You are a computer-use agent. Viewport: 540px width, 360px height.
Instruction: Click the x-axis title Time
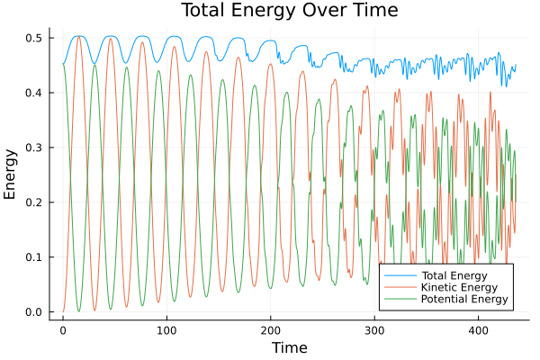289,347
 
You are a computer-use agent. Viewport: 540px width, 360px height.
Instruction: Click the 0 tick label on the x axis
63,329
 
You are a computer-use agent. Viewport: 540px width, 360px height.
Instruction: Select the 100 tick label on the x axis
166,329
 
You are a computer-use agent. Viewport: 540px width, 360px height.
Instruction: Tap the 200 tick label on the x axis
271,329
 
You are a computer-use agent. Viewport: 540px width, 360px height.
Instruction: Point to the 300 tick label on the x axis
375,329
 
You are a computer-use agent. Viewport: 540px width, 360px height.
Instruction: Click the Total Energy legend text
454,274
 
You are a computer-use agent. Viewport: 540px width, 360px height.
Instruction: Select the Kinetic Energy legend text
458,287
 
